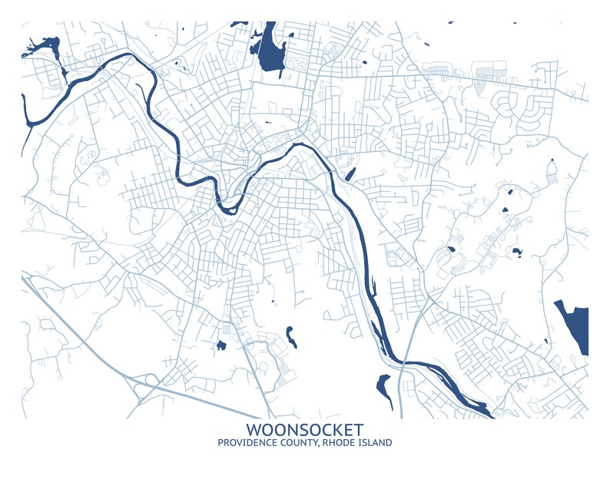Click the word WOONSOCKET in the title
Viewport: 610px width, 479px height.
point(305,429)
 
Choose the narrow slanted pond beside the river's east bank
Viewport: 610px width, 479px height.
point(350,174)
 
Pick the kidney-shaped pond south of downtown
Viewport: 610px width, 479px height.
point(291,335)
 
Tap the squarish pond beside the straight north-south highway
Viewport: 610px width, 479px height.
point(221,345)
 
